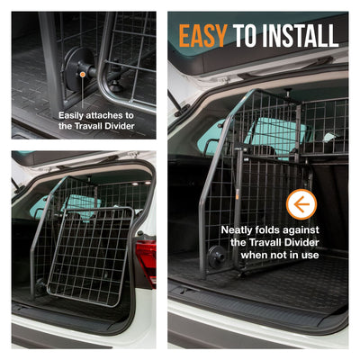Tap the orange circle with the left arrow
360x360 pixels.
[301, 205]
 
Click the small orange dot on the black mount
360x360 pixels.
[82, 75]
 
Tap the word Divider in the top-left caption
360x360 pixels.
[114, 127]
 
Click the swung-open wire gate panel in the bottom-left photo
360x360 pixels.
[90, 252]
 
